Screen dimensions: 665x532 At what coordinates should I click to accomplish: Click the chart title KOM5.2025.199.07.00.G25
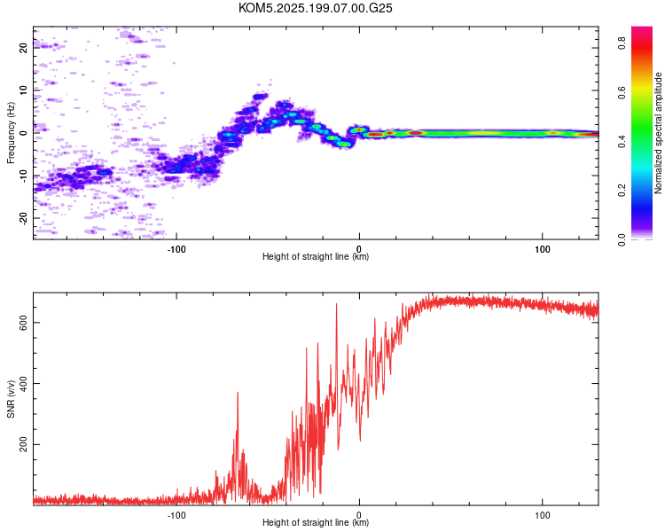[315, 8]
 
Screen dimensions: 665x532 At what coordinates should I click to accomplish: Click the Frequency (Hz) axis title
[11, 133]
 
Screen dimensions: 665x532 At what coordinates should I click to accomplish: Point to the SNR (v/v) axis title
[11, 399]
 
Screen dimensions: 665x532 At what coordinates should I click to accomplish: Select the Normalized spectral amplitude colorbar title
[658, 133]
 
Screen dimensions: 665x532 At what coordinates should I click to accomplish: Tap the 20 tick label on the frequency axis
[23, 48]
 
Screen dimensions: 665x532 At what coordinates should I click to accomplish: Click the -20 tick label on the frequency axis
[23, 218]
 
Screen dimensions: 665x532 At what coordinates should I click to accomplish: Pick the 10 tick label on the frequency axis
[23, 90]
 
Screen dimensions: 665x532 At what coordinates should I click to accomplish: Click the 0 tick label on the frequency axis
[23, 133]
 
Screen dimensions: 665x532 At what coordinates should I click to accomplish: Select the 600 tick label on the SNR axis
[23, 323]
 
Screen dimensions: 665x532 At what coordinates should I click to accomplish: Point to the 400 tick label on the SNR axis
[23, 384]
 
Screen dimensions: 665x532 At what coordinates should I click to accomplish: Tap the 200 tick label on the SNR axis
[23, 444]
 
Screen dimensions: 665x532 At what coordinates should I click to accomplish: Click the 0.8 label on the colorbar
[622, 43]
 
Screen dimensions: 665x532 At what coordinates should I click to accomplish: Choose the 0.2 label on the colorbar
[622, 191]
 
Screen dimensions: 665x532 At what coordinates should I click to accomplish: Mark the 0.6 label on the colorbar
[622, 92]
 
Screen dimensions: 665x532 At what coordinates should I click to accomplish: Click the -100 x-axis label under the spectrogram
[176, 249]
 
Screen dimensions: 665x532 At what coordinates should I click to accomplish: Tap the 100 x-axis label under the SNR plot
[543, 515]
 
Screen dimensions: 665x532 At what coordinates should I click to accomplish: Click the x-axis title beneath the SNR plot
[316, 522]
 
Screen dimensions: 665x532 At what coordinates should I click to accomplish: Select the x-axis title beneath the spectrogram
[316, 256]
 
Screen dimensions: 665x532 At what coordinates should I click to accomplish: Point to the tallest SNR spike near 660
[337, 304]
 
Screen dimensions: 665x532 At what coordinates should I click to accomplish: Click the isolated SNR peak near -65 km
[238, 393]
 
